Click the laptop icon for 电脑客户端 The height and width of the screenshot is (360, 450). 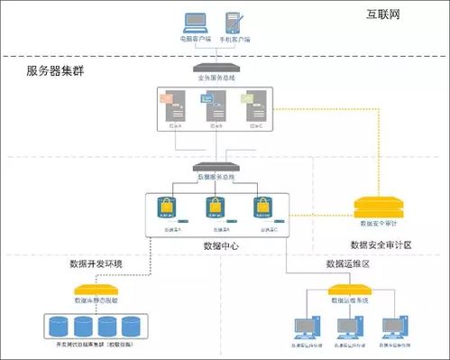[196, 23]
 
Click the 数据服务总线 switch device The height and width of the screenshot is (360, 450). [215, 168]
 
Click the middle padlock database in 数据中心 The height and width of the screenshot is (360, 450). [216, 209]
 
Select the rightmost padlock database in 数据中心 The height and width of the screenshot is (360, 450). [262, 209]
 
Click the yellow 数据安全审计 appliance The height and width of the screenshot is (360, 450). [379, 206]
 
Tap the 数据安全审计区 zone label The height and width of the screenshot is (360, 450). [381, 245]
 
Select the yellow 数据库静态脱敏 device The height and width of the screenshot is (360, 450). [95, 291]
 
